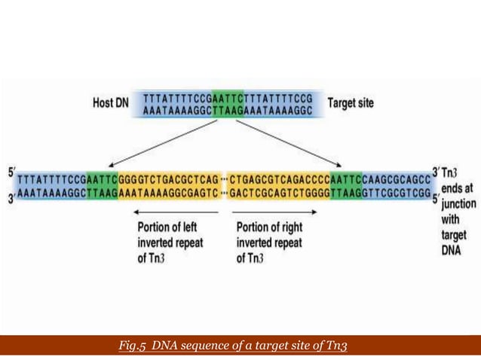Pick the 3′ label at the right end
[x=435, y=172]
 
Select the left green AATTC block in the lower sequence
[x=102, y=186]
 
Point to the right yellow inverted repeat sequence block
[x=279, y=186]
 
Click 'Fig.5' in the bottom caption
[x=133, y=346]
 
